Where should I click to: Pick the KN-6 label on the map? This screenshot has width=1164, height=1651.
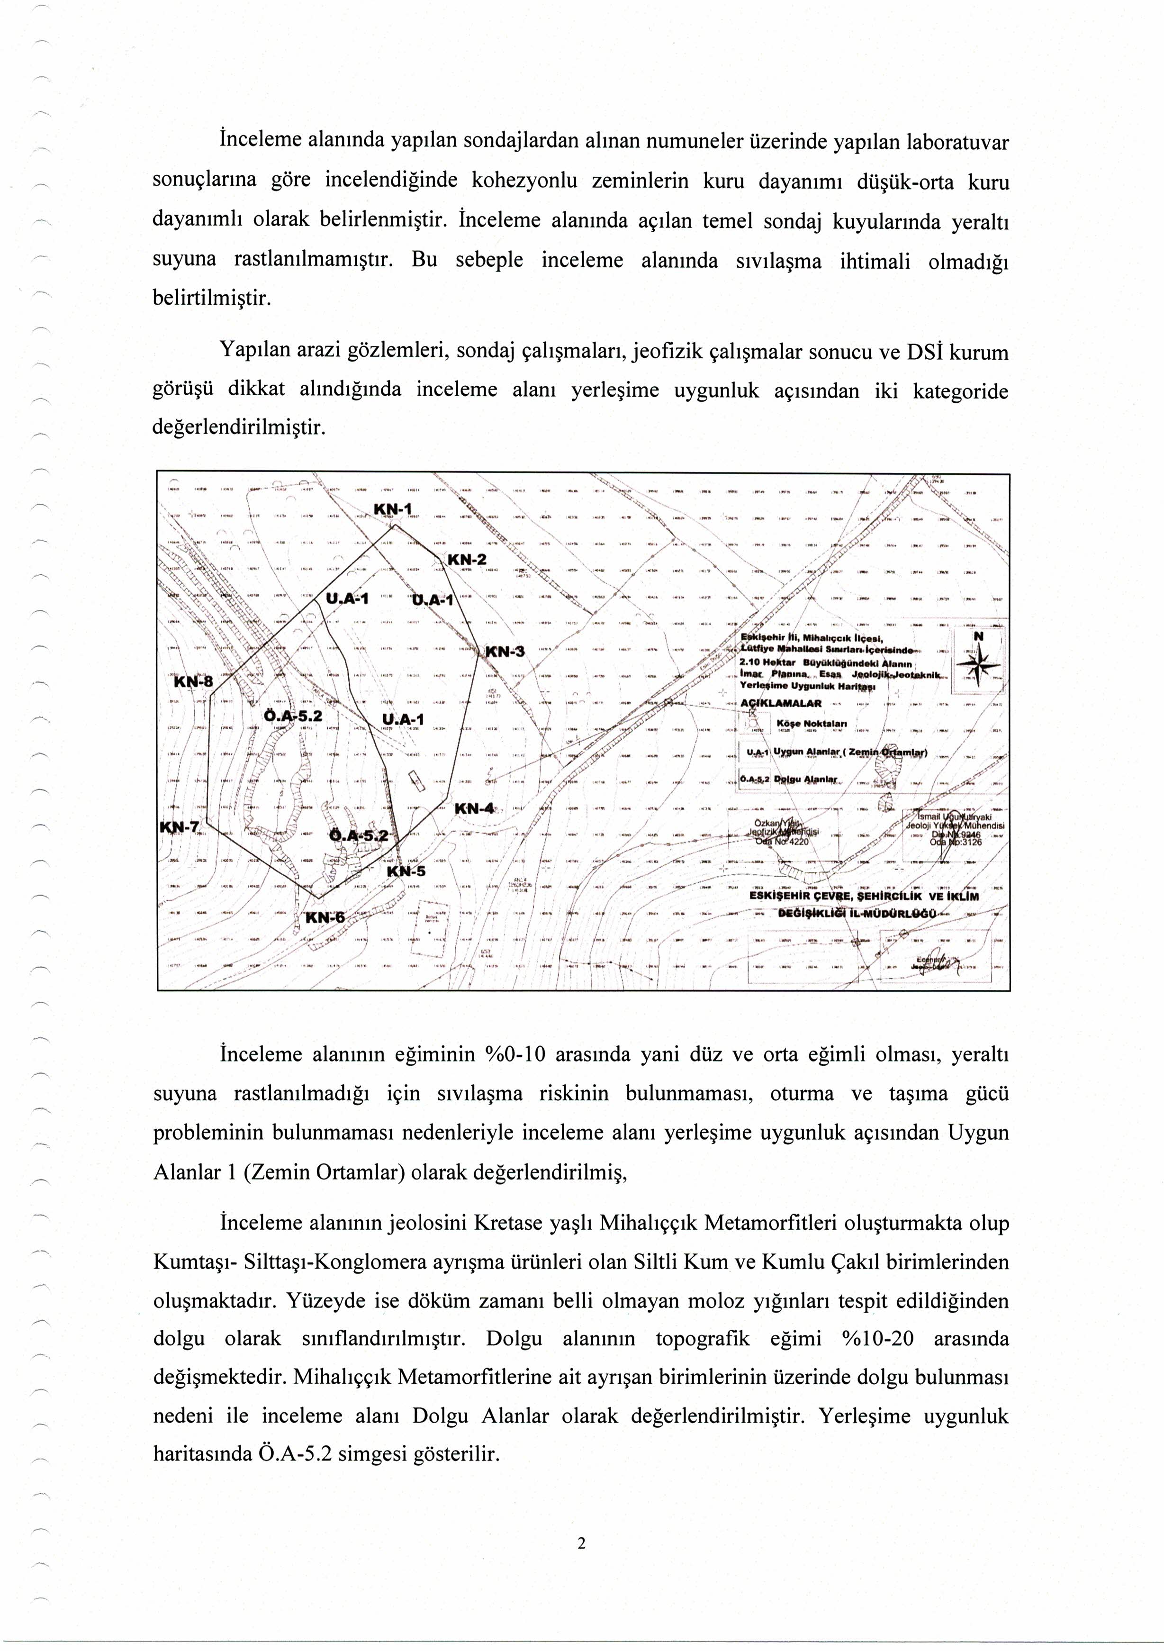325,917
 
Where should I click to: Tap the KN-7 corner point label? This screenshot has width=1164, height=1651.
179,827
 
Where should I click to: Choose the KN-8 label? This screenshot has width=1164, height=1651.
194,682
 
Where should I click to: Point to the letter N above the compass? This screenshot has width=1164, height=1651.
978,636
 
